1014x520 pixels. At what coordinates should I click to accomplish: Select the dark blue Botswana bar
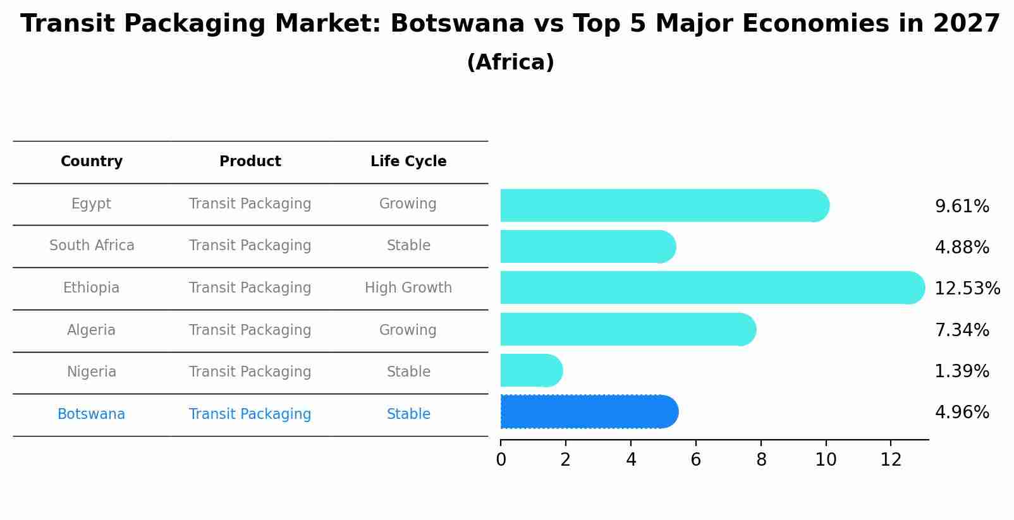click(x=588, y=412)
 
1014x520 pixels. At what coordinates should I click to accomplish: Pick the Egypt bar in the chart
click(x=664, y=205)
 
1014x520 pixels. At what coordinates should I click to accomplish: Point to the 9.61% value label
click(x=962, y=207)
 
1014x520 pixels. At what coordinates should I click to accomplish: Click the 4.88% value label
click(x=962, y=248)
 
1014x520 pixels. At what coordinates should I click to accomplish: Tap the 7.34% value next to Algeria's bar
click(x=962, y=330)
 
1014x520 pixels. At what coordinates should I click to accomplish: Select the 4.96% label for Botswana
click(x=962, y=413)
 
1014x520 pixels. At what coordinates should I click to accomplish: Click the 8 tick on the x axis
click(x=761, y=460)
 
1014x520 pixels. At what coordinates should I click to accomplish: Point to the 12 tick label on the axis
click(x=891, y=460)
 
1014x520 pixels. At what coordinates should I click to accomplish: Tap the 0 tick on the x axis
click(x=501, y=460)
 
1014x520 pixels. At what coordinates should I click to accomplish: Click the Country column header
click(x=92, y=162)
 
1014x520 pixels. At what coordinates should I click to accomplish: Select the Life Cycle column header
click(x=408, y=162)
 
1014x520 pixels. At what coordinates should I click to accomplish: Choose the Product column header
click(x=250, y=162)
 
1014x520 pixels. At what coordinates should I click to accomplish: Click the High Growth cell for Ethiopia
click(x=408, y=288)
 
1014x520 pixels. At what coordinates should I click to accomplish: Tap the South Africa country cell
click(x=92, y=246)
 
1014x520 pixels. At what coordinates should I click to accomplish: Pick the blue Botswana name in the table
click(x=92, y=414)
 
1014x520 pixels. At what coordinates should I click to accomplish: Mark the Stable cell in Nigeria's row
click(x=408, y=372)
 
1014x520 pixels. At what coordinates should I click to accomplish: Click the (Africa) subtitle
click(x=510, y=63)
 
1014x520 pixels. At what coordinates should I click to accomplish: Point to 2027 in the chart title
click(x=966, y=24)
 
